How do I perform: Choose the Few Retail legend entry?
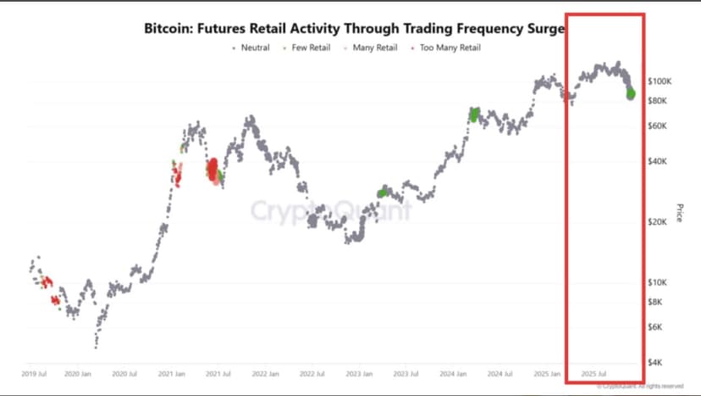310,47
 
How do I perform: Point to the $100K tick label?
660,81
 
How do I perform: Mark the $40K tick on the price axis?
658,161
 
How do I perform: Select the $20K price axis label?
658,222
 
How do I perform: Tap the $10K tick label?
658,282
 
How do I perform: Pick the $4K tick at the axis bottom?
656,362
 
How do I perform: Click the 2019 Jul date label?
33,373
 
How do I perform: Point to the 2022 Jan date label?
265,373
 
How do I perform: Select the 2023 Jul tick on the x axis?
405,373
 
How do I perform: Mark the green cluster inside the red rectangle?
630,92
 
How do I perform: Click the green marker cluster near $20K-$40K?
383,192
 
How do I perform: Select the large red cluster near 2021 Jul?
213,169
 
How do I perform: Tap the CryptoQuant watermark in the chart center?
330,209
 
